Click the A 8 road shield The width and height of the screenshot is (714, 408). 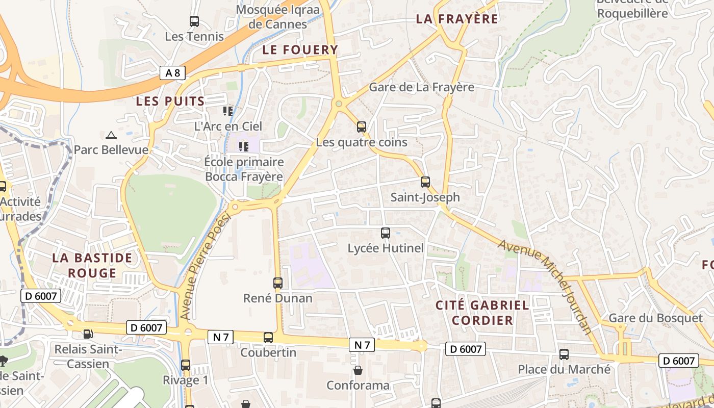[x=172, y=73]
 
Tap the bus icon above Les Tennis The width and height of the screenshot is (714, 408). [x=194, y=21]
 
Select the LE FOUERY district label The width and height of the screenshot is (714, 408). [x=300, y=49]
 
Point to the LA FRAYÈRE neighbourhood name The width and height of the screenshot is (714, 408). [x=457, y=19]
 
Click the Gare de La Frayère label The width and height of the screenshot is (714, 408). [x=421, y=87]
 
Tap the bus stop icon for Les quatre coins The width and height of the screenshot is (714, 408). [x=362, y=126]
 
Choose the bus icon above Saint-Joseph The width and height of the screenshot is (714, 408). [x=425, y=182]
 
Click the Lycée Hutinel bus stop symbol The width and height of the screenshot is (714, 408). [x=386, y=233]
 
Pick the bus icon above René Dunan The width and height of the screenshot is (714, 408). [x=278, y=283]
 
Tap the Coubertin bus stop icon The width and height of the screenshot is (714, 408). [x=268, y=338]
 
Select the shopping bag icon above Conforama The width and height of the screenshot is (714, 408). [x=358, y=370]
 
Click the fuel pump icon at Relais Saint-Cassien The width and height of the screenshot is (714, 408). [x=88, y=334]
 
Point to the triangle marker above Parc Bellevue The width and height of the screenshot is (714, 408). [x=111, y=135]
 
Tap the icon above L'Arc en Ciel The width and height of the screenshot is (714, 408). [x=228, y=111]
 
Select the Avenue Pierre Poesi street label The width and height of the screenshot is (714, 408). [x=206, y=267]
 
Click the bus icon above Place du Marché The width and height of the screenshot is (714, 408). [x=564, y=354]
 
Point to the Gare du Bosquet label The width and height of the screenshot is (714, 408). [x=656, y=318]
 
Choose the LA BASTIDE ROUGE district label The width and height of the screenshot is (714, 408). [x=92, y=265]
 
